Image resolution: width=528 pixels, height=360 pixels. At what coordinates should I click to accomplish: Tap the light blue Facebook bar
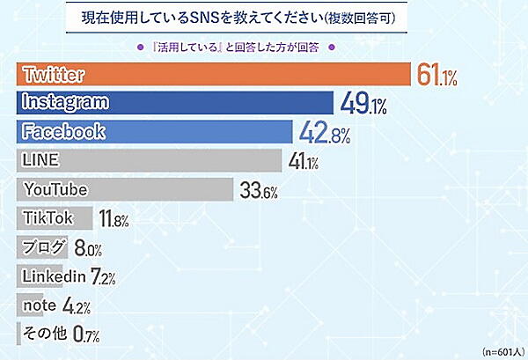click(155, 132)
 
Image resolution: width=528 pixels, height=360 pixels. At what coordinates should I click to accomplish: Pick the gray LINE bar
click(150, 160)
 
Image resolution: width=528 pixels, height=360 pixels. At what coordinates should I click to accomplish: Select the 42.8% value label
click(322, 134)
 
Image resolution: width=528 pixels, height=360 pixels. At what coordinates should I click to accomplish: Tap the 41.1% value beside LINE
click(303, 162)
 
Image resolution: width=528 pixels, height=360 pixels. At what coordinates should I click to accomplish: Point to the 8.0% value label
click(90, 249)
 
